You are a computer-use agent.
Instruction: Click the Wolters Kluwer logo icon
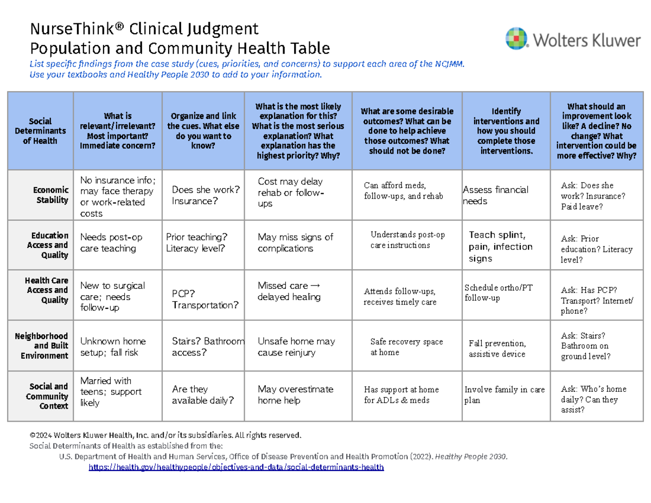pos(515,39)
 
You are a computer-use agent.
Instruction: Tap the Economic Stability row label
pos(51,195)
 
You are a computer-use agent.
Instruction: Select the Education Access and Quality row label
pos(49,245)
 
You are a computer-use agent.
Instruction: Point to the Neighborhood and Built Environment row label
pos(48,346)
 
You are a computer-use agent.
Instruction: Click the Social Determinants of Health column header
pos(48,131)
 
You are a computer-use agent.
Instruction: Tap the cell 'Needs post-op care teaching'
pos(111,243)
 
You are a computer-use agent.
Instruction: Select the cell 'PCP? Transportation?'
pos(205,299)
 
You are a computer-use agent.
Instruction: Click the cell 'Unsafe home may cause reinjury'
pos(296,347)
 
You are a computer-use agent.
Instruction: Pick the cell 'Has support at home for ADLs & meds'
pos(401,394)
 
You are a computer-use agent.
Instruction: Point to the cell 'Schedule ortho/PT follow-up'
pos(499,293)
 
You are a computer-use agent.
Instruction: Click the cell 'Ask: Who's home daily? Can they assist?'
pos(593,399)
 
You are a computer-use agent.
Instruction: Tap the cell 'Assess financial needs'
pos(495,195)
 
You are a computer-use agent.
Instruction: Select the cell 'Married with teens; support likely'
pos(111,391)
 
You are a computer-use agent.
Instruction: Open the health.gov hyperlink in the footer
pos(236,467)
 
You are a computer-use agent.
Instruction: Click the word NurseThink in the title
pos(65,28)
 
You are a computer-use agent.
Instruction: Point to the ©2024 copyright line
pos(165,435)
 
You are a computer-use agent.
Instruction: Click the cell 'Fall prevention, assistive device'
pos(497,348)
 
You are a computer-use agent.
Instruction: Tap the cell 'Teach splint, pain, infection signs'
pos(500,246)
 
